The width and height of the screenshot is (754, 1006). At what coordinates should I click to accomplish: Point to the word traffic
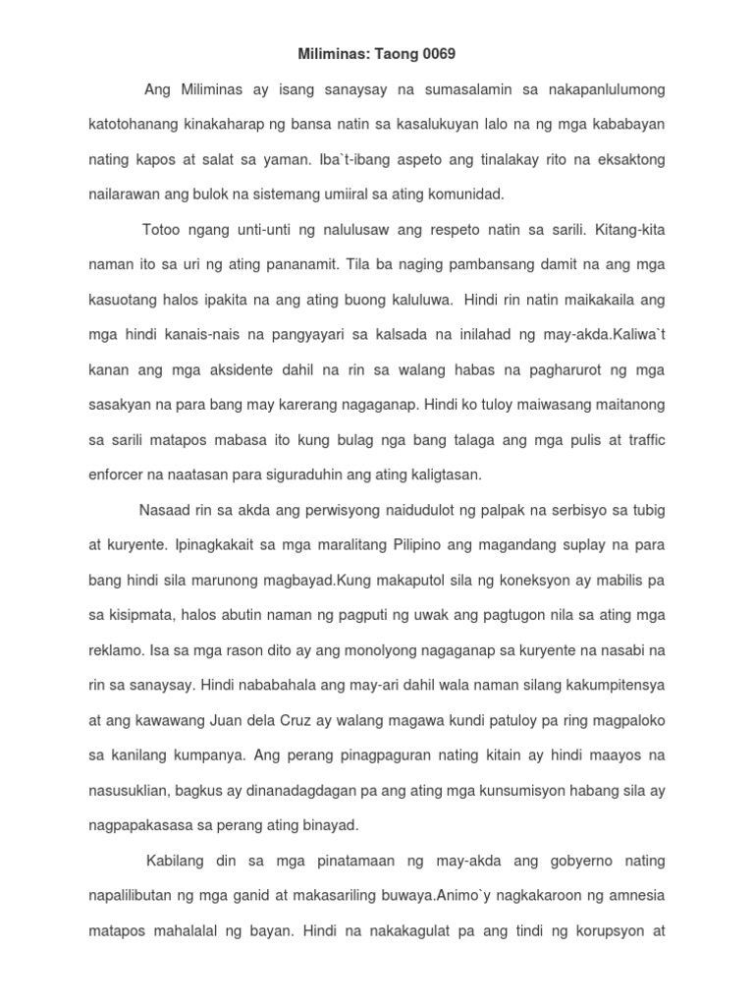(x=641, y=439)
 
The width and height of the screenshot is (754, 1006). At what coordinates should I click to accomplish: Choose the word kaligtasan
(x=439, y=475)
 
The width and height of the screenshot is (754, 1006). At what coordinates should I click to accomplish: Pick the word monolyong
(x=317, y=649)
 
